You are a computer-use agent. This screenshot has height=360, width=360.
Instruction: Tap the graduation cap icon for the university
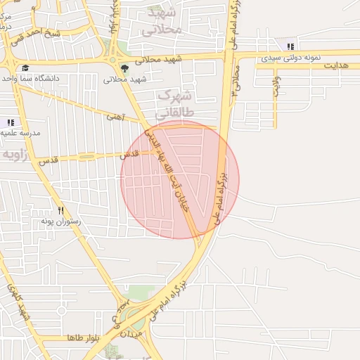pyautogui.click(x=25, y=67)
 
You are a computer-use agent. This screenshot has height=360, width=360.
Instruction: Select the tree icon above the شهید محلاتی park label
pyautogui.click(x=124, y=68)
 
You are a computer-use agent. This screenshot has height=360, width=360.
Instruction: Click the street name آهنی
pyautogui.click(x=115, y=117)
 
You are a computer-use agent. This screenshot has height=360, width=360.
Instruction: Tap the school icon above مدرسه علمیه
pyautogui.click(x=11, y=122)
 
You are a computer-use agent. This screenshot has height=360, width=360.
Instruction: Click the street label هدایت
pyautogui.click(x=335, y=65)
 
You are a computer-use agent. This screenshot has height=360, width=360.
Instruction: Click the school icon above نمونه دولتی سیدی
pyautogui.click(x=290, y=46)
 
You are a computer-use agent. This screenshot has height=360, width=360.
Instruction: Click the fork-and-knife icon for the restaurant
pyautogui.click(x=61, y=210)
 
